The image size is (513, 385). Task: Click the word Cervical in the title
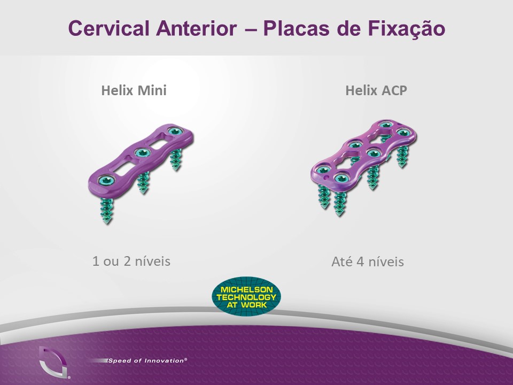pos(108,28)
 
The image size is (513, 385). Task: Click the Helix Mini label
pos(134,90)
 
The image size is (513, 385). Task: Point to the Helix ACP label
pos(376,90)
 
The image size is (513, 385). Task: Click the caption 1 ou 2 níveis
pos(131,261)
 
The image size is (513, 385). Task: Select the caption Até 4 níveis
pos(368,261)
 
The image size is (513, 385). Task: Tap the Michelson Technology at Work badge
pos(246,296)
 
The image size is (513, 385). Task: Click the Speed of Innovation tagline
pos(147,361)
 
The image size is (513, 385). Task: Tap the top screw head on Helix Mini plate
pos(176,132)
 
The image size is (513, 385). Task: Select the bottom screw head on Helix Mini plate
pos(106,180)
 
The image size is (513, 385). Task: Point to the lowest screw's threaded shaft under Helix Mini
pos(107,211)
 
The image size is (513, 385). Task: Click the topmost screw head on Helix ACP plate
pos(386,125)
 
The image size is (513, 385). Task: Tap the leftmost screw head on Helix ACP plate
pos(322,170)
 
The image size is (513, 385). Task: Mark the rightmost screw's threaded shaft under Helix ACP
pos(403,157)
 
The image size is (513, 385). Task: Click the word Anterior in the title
pos(196,28)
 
